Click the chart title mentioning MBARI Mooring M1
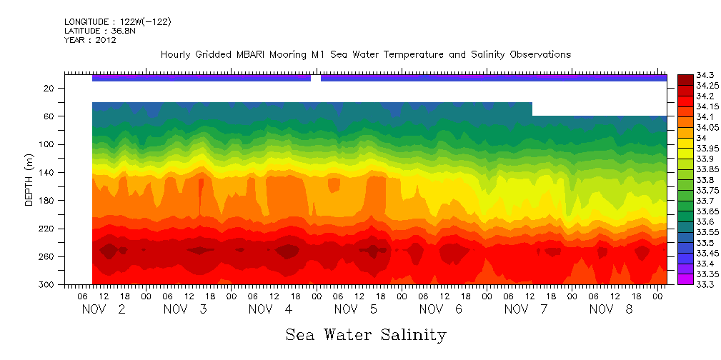click(x=365, y=55)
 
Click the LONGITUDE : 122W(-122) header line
click(x=118, y=22)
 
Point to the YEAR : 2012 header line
click(x=90, y=41)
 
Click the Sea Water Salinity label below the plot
click(x=366, y=334)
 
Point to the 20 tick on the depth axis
click(x=49, y=88)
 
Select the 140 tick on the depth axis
click(x=47, y=172)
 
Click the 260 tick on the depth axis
click(x=47, y=256)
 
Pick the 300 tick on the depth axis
click(x=47, y=284)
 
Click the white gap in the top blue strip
click(x=316, y=78)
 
